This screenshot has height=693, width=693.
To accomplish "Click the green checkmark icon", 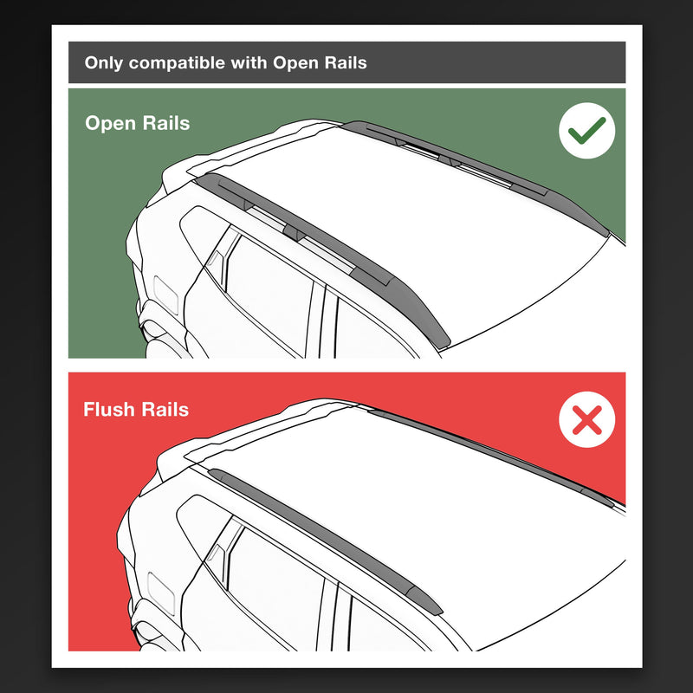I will point(586,132).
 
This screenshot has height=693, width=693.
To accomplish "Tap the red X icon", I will point(586,422).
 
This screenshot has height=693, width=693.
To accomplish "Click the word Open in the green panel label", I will point(107,123).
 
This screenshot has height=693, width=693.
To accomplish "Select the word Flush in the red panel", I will point(108,409).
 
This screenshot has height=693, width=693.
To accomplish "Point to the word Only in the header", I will point(102,63).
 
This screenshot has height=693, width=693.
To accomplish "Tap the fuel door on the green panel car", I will point(165,295).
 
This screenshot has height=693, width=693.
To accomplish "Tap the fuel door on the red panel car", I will point(162,586).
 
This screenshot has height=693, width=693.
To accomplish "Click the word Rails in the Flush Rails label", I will point(164,409).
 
